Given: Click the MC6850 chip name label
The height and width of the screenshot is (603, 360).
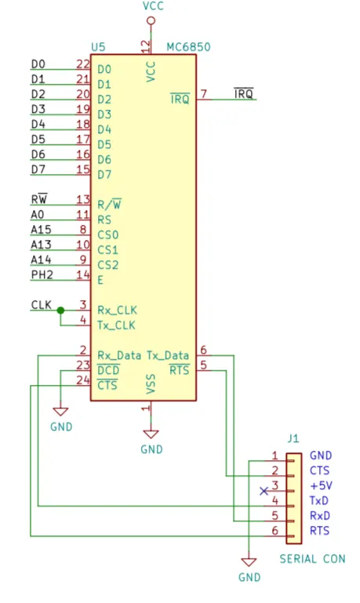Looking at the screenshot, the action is tap(188, 47).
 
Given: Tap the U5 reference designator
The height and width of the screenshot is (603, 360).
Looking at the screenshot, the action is tap(98, 47).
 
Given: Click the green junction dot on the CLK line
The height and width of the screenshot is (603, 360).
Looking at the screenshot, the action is tap(60, 311).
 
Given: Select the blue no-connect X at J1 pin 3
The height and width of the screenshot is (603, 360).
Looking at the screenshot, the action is tap(264, 491).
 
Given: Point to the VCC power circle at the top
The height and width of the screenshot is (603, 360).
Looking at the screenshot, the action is tap(151, 20).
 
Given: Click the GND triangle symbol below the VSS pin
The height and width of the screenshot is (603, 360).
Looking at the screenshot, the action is tap(151, 434).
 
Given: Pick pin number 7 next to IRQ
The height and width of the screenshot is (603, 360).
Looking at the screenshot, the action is tap(204, 94).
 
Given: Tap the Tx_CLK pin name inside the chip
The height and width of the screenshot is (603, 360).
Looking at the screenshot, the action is tap(116, 325).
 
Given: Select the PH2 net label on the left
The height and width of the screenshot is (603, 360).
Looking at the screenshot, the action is tap(42, 274).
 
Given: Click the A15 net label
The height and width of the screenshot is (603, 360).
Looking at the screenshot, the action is tap(41, 230).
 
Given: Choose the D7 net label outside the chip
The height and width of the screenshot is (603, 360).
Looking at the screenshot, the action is tap(38, 169).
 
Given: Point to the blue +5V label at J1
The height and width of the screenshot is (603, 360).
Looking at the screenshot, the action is tap(322, 485).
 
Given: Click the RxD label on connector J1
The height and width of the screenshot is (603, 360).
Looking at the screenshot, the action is tap(320, 516).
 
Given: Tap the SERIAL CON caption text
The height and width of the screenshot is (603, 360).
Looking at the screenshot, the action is tap(312, 559).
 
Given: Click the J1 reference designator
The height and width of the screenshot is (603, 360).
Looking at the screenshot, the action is tap(293, 438).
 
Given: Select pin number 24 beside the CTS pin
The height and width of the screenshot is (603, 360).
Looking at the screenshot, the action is tap(83, 380).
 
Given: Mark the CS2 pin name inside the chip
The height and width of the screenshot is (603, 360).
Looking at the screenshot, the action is tap(107, 265).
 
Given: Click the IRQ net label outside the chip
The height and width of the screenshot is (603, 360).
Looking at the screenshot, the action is tap(244, 93).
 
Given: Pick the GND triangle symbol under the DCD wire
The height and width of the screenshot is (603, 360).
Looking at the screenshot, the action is tap(60, 412).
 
